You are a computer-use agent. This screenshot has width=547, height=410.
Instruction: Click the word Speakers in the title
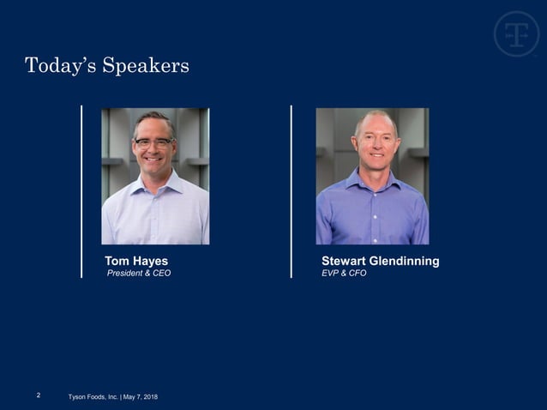pos(146,66)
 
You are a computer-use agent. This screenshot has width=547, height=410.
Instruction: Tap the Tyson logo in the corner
pos(516,34)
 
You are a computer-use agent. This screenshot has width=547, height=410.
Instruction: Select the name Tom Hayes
pos(136,261)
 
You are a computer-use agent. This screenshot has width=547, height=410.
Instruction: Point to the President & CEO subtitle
pos(138,274)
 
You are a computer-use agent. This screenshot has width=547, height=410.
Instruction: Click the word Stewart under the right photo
pos(345,261)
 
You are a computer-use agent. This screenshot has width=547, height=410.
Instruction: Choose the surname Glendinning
pos(406,261)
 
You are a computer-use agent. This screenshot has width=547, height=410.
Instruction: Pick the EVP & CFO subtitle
pos(344,274)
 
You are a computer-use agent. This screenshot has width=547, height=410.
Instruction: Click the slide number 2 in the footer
pos(39,395)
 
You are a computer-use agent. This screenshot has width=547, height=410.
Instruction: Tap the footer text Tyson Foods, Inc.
pos(93,396)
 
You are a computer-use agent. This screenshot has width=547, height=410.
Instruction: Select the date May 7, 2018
pos(141,396)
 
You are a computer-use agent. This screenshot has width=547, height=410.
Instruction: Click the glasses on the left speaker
pos(153,143)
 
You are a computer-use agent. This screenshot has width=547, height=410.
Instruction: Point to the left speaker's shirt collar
pos(155,181)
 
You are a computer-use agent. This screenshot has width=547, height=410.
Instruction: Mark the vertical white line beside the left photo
pos(81,191)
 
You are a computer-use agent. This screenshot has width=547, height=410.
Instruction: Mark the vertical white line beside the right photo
pos(292,191)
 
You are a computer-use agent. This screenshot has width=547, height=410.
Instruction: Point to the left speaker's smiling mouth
pos(154,160)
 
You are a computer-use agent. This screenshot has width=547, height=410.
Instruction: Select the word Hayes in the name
pos(152,261)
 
